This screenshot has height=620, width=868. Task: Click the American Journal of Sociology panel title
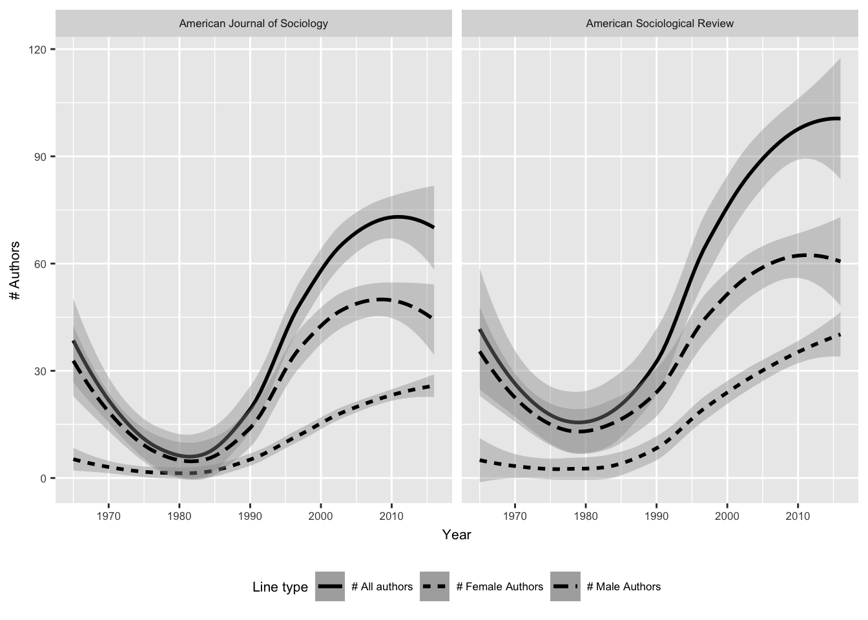pyautogui.click(x=253, y=24)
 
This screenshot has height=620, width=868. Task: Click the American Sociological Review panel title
pyautogui.click(x=659, y=24)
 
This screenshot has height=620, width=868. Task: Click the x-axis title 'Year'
pyautogui.click(x=457, y=535)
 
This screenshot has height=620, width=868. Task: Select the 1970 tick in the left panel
pyautogui.click(x=108, y=515)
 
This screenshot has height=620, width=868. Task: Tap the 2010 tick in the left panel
pyautogui.click(x=391, y=515)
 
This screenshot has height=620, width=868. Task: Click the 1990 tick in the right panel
pyautogui.click(x=656, y=515)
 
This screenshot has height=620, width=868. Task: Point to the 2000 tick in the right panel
pyautogui.click(x=727, y=515)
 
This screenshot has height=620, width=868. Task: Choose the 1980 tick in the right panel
pyautogui.click(x=586, y=515)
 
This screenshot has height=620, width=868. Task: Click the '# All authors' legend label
pyautogui.click(x=382, y=587)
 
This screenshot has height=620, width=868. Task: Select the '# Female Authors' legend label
pyautogui.click(x=499, y=587)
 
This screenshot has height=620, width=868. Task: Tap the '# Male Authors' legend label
pyautogui.click(x=623, y=587)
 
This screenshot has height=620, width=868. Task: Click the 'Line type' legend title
pyautogui.click(x=280, y=587)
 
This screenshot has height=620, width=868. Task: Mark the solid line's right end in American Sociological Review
pyautogui.click(x=840, y=118)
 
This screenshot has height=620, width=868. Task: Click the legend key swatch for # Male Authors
pyautogui.click(x=565, y=587)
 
